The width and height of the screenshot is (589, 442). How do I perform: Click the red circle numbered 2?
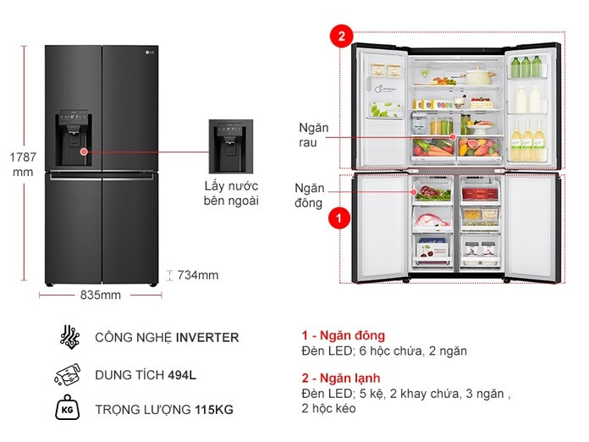click(341, 36)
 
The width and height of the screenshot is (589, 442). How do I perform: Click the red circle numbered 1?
click(339, 218)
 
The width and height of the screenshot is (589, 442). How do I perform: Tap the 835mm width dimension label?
click(101, 295)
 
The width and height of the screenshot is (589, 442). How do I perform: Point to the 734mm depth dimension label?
click(197, 275)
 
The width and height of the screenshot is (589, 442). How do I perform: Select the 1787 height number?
click(23, 157)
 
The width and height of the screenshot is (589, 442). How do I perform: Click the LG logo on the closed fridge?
click(150, 52)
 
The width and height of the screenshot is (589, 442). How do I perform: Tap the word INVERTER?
click(207, 338)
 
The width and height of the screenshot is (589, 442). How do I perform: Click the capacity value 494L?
click(182, 375)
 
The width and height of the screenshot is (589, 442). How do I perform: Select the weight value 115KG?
click(214, 409)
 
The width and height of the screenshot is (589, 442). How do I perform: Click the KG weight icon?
click(67, 407)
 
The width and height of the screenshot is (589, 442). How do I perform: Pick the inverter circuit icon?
click(70, 337)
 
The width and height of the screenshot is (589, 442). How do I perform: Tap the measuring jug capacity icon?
click(68, 374)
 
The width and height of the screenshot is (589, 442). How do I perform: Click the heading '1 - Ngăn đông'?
click(344, 335)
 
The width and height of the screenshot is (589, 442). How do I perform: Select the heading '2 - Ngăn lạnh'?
click(341, 378)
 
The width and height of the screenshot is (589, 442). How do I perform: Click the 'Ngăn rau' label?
click(313, 135)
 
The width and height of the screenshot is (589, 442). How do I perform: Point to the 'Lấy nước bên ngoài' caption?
click(231, 193)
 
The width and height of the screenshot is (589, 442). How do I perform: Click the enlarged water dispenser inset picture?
click(231, 146)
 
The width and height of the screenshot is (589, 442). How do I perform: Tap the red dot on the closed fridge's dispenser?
click(84, 152)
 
